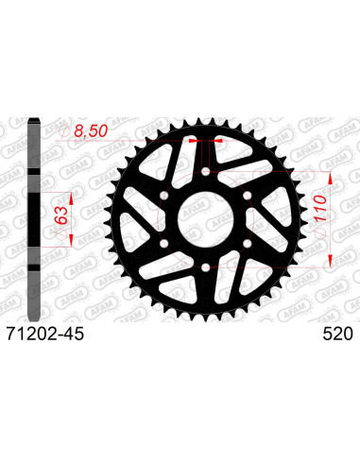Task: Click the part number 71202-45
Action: tap(43, 334)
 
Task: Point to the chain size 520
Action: tap(336, 334)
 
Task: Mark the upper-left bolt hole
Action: tap(160, 194)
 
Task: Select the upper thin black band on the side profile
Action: tap(37, 171)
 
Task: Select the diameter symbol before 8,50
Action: tap(68, 135)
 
